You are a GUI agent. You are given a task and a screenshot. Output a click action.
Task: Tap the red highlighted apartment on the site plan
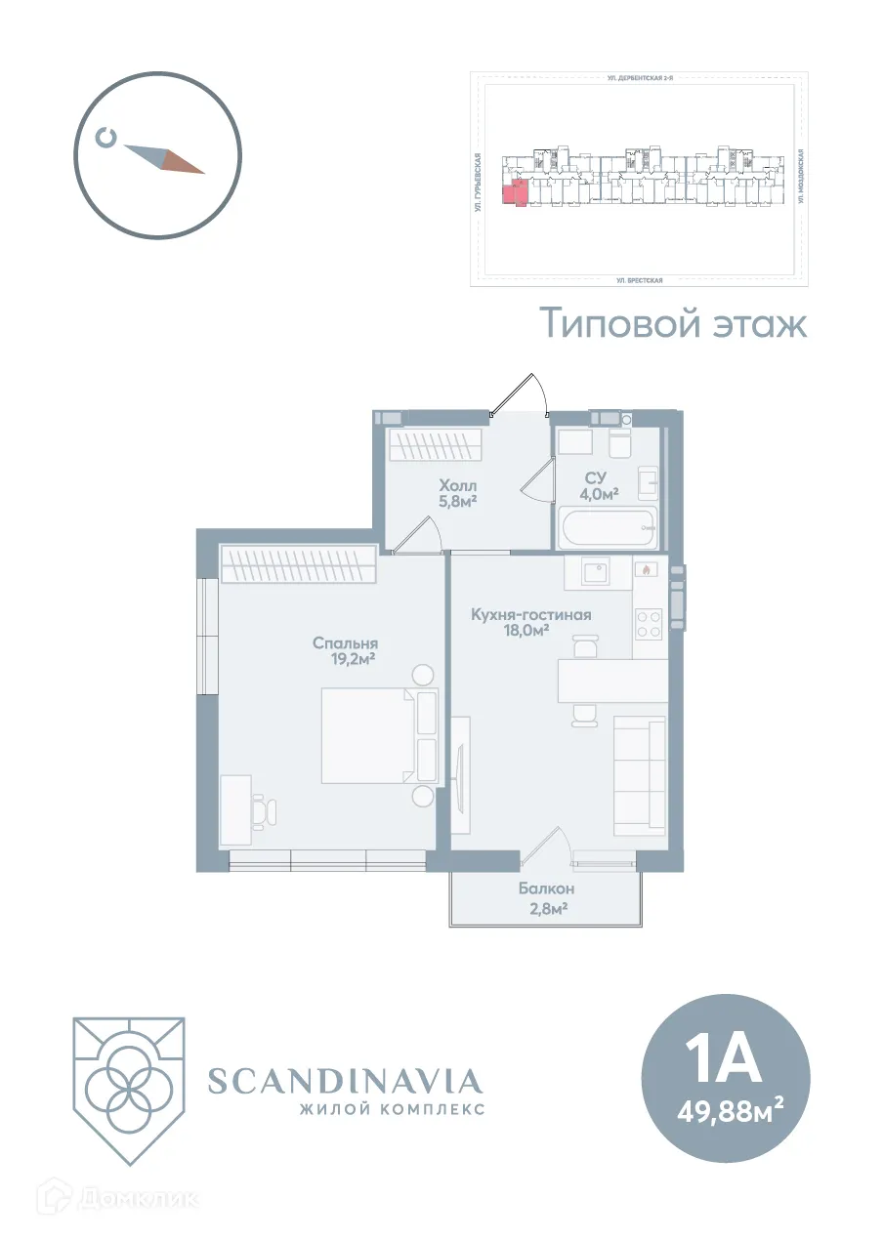click(514, 190)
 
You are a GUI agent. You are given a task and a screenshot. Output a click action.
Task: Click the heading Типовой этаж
click(674, 323)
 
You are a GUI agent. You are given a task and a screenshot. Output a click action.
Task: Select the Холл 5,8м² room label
click(457, 493)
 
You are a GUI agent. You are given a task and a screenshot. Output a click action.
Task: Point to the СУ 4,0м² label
click(598, 485)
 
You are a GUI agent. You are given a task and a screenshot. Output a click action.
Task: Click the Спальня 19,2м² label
click(345, 651)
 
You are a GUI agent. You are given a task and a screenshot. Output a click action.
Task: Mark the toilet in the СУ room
click(621, 442)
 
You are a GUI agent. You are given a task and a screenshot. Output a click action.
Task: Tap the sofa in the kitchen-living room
click(640, 776)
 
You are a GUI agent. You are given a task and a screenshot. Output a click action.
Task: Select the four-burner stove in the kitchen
click(649, 623)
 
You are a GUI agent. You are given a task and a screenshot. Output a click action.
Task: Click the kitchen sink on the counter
click(596, 572)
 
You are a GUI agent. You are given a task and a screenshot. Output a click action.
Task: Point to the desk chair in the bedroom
click(265, 809)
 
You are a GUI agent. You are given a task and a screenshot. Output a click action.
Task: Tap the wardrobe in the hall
click(436, 446)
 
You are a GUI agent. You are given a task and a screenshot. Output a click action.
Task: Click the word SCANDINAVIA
click(345, 1081)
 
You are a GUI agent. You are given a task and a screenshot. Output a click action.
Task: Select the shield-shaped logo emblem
click(128, 1089)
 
